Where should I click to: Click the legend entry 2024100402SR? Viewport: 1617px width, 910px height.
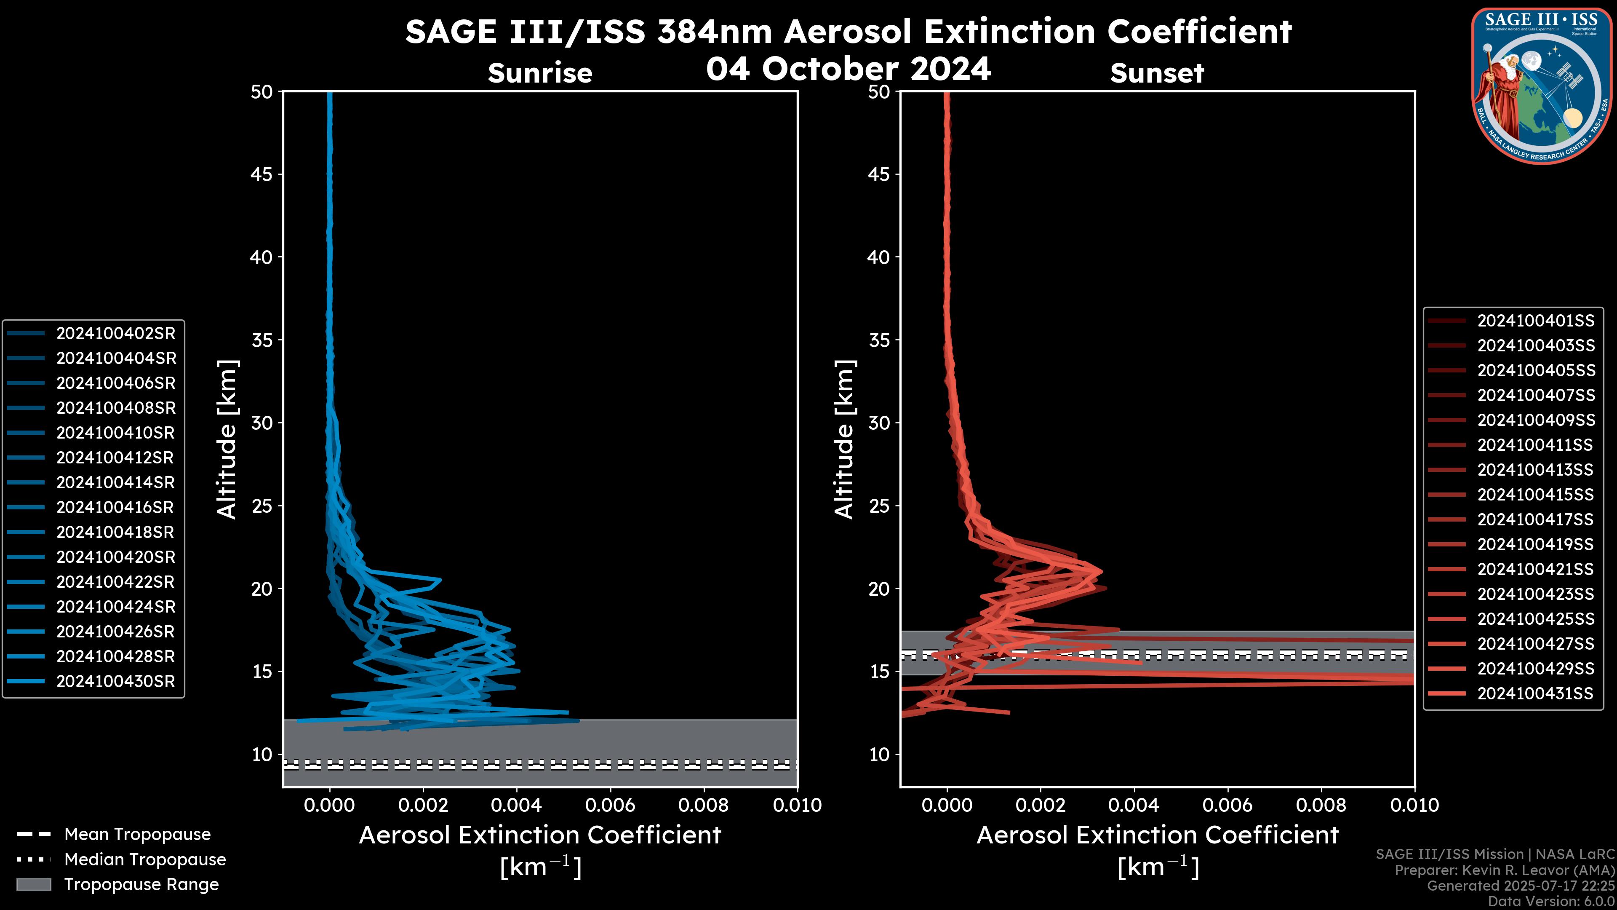click(115, 334)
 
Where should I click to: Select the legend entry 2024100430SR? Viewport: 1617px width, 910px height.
click(115, 681)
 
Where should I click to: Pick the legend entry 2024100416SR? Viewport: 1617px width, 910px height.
click(115, 507)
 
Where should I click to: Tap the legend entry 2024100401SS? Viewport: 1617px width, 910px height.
click(1535, 321)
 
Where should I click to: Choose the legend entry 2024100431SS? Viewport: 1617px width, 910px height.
click(1535, 693)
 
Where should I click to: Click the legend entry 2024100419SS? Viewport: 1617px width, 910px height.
click(1535, 544)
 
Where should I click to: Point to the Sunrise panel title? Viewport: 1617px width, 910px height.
click(540, 73)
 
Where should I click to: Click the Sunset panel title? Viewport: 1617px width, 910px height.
click(1157, 73)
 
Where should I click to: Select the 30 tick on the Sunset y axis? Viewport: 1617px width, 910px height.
click(879, 423)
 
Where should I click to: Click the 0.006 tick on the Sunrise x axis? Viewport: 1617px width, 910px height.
click(609, 805)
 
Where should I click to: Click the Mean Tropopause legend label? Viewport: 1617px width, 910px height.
click(137, 835)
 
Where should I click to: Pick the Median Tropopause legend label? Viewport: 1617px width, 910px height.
click(145, 860)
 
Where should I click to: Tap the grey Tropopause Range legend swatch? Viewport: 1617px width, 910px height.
click(33, 884)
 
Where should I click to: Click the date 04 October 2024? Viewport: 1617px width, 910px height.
click(848, 68)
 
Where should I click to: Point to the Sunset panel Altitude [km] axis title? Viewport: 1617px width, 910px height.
click(844, 439)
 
